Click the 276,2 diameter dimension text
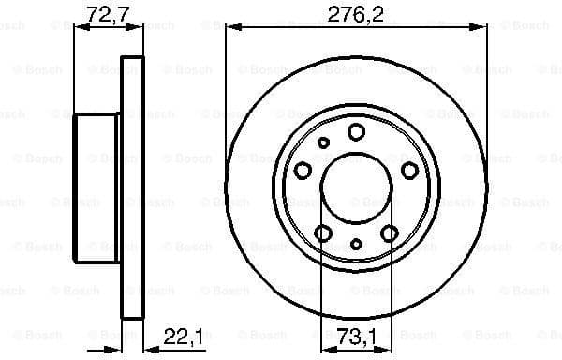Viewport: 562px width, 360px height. pyautogui.click(x=357, y=13)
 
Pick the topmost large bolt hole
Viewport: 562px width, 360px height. pyautogui.click(x=356, y=131)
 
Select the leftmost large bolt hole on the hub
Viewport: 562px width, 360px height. pyautogui.click(x=303, y=170)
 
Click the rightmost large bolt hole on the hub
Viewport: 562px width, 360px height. pyautogui.click(x=409, y=170)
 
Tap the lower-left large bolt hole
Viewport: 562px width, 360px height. pyautogui.click(x=324, y=232)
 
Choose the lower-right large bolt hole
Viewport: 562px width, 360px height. pyautogui.click(x=389, y=232)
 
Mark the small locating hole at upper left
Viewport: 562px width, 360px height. pyautogui.click(x=324, y=142)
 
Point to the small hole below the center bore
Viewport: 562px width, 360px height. pyautogui.click(x=356, y=244)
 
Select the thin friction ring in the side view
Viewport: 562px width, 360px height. pyautogui.click(x=134, y=187)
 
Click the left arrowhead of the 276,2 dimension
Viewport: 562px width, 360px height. pyautogui.click(x=230, y=28)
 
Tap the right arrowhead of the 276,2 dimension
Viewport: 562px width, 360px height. pyautogui.click(x=482, y=28)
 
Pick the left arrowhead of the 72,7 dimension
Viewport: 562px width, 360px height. pyautogui.click(x=79, y=28)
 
